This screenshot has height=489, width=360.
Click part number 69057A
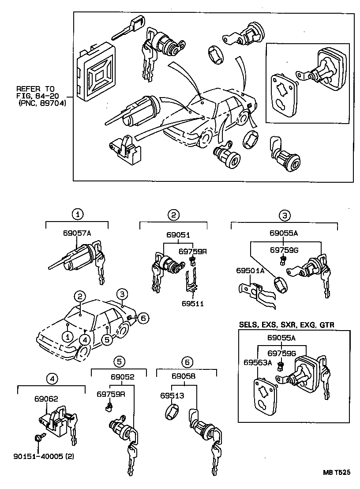[77, 233]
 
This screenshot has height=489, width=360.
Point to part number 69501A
[250, 270]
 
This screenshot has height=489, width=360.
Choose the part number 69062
[46, 398]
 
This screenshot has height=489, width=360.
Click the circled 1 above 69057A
[78, 214]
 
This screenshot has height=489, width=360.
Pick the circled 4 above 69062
[52, 378]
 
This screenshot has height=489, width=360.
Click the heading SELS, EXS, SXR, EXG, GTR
[286, 324]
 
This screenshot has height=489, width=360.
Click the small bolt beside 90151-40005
[37, 437]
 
